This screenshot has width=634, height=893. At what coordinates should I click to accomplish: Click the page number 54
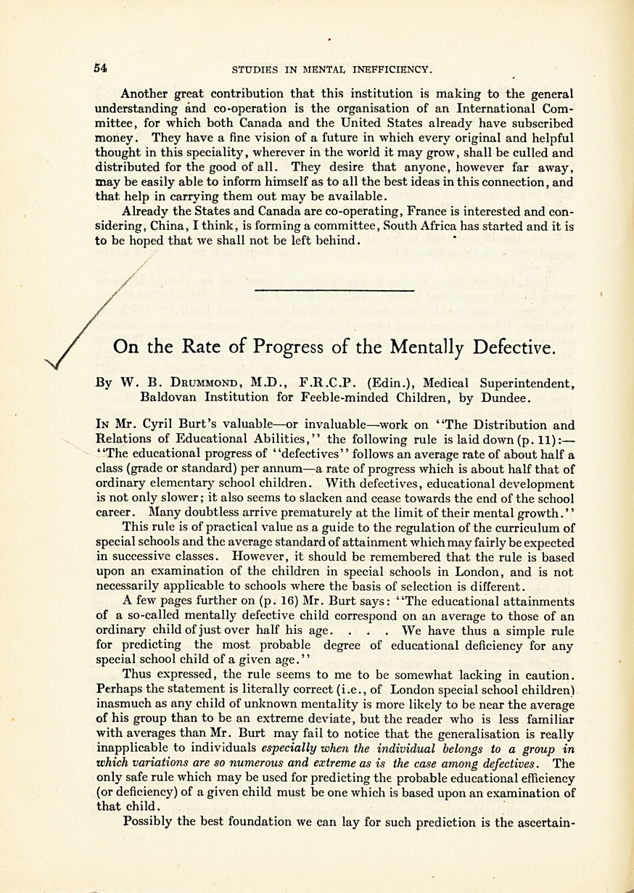click(x=100, y=68)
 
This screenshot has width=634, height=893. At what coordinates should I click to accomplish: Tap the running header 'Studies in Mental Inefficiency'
click(x=332, y=70)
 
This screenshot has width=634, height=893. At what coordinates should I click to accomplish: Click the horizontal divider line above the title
click(x=334, y=291)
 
